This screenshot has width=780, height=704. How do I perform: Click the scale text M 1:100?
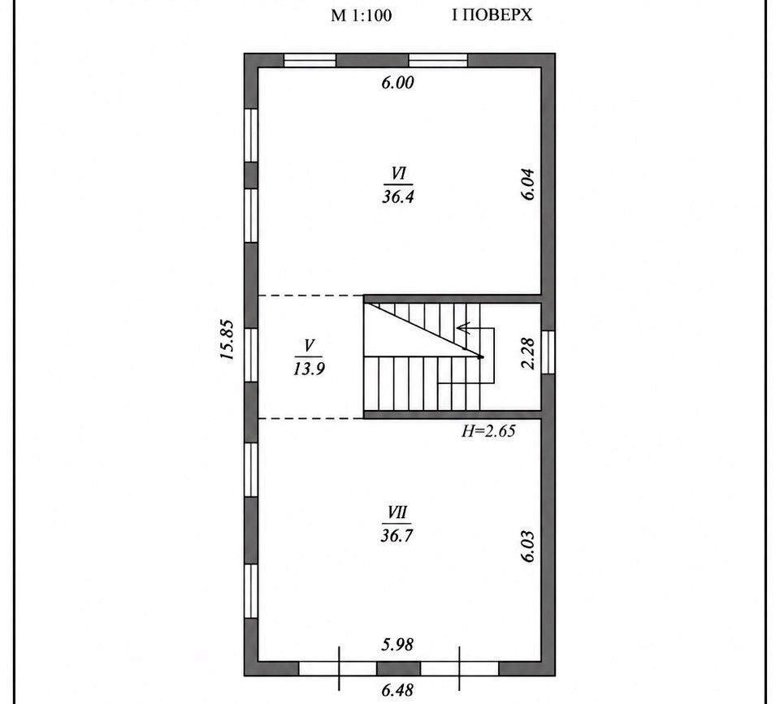click(x=361, y=15)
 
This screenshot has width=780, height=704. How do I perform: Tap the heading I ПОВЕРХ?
click(x=492, y=15)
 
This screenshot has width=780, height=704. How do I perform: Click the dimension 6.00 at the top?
click(x=398, y=83)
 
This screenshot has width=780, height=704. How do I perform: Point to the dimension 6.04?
click(x=528, y=184)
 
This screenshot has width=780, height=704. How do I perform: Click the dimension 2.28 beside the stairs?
click(x=528, y=353)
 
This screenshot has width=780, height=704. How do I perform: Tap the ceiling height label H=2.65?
click(x=488, y=430)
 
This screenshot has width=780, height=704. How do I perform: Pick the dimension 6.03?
click(x=528, y=546)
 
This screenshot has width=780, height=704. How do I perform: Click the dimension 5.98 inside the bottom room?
click(x=397, y=645)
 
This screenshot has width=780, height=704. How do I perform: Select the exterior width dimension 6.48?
click(x=397, y=690)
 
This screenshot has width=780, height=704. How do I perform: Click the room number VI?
click(x=398, y=174)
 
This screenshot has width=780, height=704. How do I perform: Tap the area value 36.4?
click(x=398, y=197)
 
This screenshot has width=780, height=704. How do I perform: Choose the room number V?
click(x=309, y=344)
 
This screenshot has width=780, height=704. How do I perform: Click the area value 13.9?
click(x=309, y=369)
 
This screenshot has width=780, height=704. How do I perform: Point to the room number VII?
click(x=397, y=512)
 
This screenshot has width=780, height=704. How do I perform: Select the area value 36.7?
click(x=397, y=535)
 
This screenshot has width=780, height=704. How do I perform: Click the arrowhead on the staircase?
click(x=464, y=327)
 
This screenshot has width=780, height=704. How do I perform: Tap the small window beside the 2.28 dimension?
click(x=548, y=352)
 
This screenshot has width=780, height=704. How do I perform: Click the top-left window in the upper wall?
click(x=310, y=60)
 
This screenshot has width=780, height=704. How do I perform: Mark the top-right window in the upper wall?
click(x=438, y=60)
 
